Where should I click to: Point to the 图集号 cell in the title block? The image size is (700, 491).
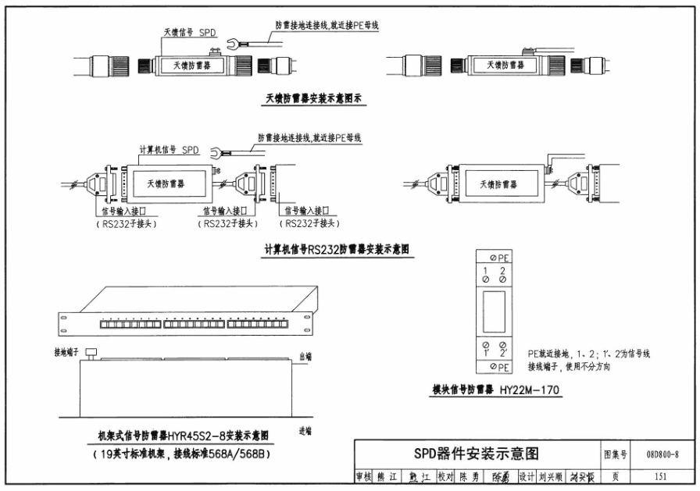pos(616,454)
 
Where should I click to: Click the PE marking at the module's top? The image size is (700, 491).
pos(499,258)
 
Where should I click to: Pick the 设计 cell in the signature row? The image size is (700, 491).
pos(527,475)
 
